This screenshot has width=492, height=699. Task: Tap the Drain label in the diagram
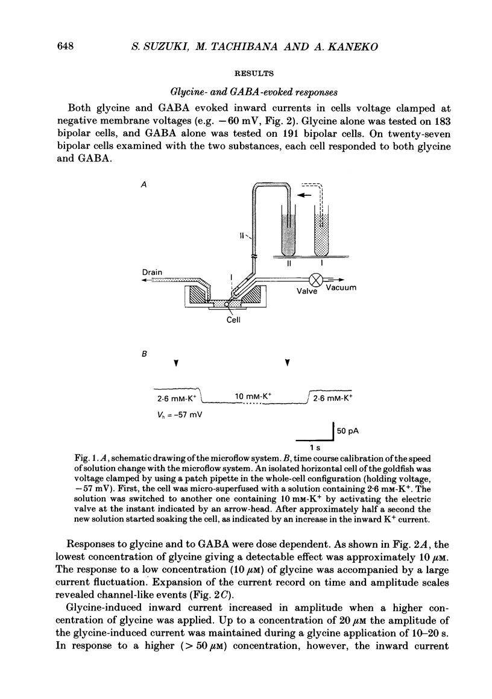pyautogui.click(x=151, y=272)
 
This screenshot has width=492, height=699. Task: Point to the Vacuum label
pyautogui.click(x=341, y=288)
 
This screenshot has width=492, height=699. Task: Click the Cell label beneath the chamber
pyautogui.click(x=233, y=321)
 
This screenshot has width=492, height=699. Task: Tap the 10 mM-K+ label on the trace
pyautogui.click(x=253, y=395)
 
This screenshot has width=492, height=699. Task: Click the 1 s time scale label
pyautogui.click(x=314, y=447)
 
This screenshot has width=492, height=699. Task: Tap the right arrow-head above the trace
pyautogui.click(x=287, y=363)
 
